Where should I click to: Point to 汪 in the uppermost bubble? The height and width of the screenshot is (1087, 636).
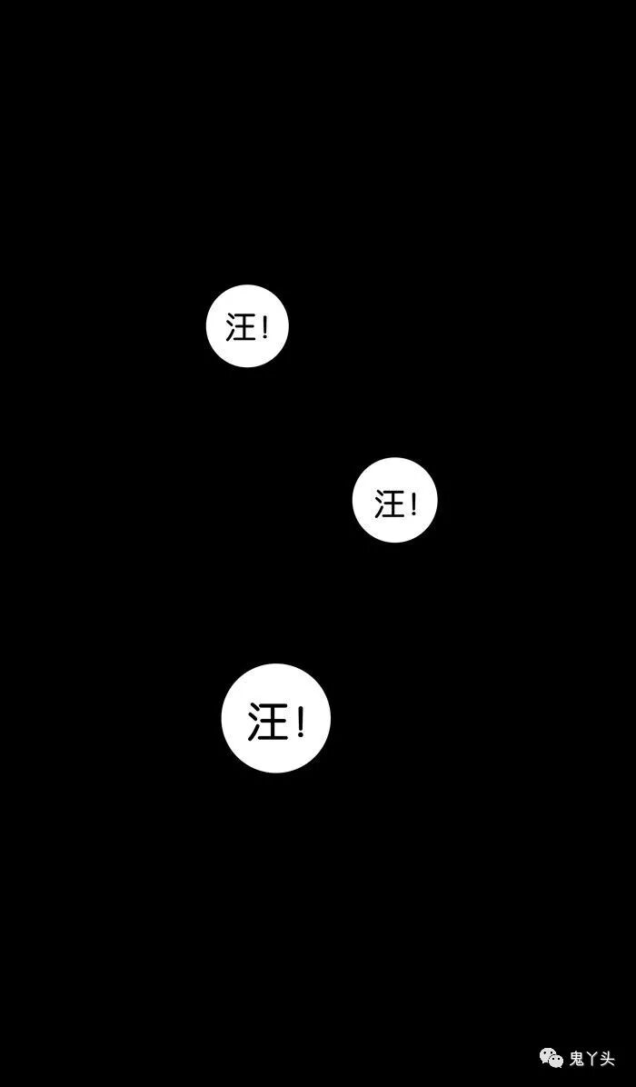pos(241,327)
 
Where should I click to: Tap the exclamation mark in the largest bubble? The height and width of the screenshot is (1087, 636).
pos(300,722)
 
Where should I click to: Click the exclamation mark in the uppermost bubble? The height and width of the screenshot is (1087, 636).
pos(264,327)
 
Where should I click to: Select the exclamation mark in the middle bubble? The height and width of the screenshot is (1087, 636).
pos(412,503)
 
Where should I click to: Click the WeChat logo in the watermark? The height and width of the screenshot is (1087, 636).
pos(552,1058)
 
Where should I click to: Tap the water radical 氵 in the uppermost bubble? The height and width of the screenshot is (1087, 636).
pos(231,327)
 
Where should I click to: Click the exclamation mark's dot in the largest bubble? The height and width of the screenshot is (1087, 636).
pos(300,735)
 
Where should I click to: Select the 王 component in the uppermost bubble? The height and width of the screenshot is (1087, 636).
pos(245,327)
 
